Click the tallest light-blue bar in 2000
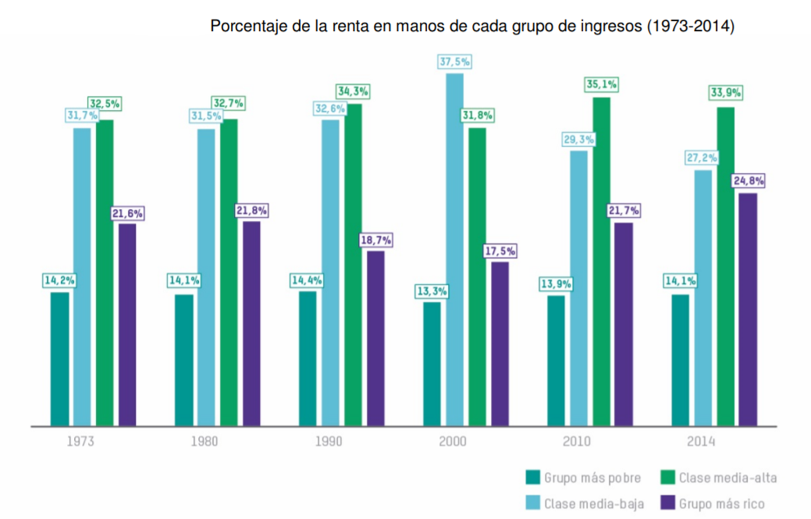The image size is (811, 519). (x=454, y=250)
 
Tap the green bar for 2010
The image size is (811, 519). (x=601, y=261)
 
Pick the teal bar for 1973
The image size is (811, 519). (x=59, y=359)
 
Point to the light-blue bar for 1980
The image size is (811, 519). (x=206, y=277)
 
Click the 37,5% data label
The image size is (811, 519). (x=455, y=62)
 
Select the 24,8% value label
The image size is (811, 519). (x=748, y=181)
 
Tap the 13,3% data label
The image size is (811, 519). (x=431, y=291)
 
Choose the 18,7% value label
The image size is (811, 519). (x=375, y=240)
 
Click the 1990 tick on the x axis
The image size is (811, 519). (x=329, y=442)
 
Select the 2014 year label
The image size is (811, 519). (x=701, y=442)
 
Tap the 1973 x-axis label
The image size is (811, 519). (x=81, y=442)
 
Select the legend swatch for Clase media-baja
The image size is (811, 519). (x=533, y=503)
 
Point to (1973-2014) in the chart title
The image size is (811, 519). (x=690, y=27)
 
